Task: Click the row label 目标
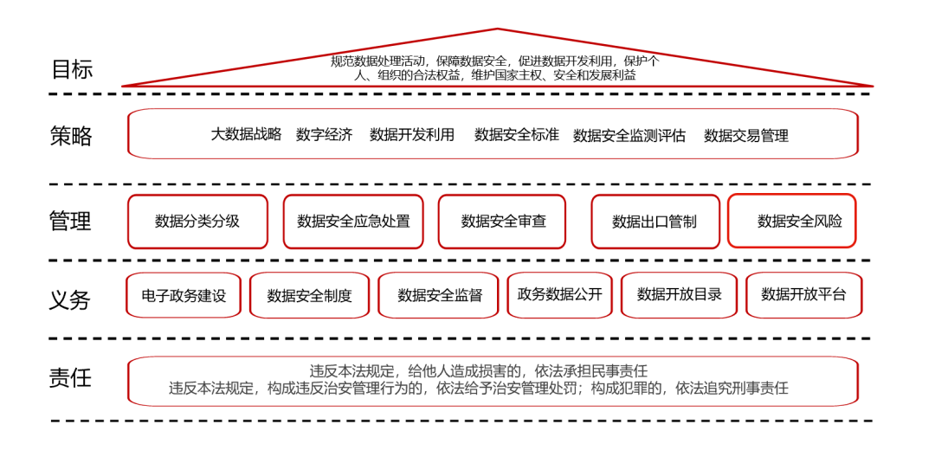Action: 72,69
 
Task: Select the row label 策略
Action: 71,136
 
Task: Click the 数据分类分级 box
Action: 197,222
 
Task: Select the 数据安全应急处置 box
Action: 353,222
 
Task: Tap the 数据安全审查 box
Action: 503,222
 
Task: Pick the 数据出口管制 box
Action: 654,222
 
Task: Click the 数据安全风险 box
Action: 792,221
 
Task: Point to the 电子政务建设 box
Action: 184,295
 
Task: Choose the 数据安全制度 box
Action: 309,295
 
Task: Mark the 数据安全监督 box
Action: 440,295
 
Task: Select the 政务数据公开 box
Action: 559,294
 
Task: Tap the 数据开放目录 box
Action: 680,294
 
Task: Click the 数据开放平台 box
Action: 803,294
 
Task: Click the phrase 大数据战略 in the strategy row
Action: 246,134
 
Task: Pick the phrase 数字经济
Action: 325,134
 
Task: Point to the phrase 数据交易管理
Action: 746,135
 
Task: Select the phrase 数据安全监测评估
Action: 629,135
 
